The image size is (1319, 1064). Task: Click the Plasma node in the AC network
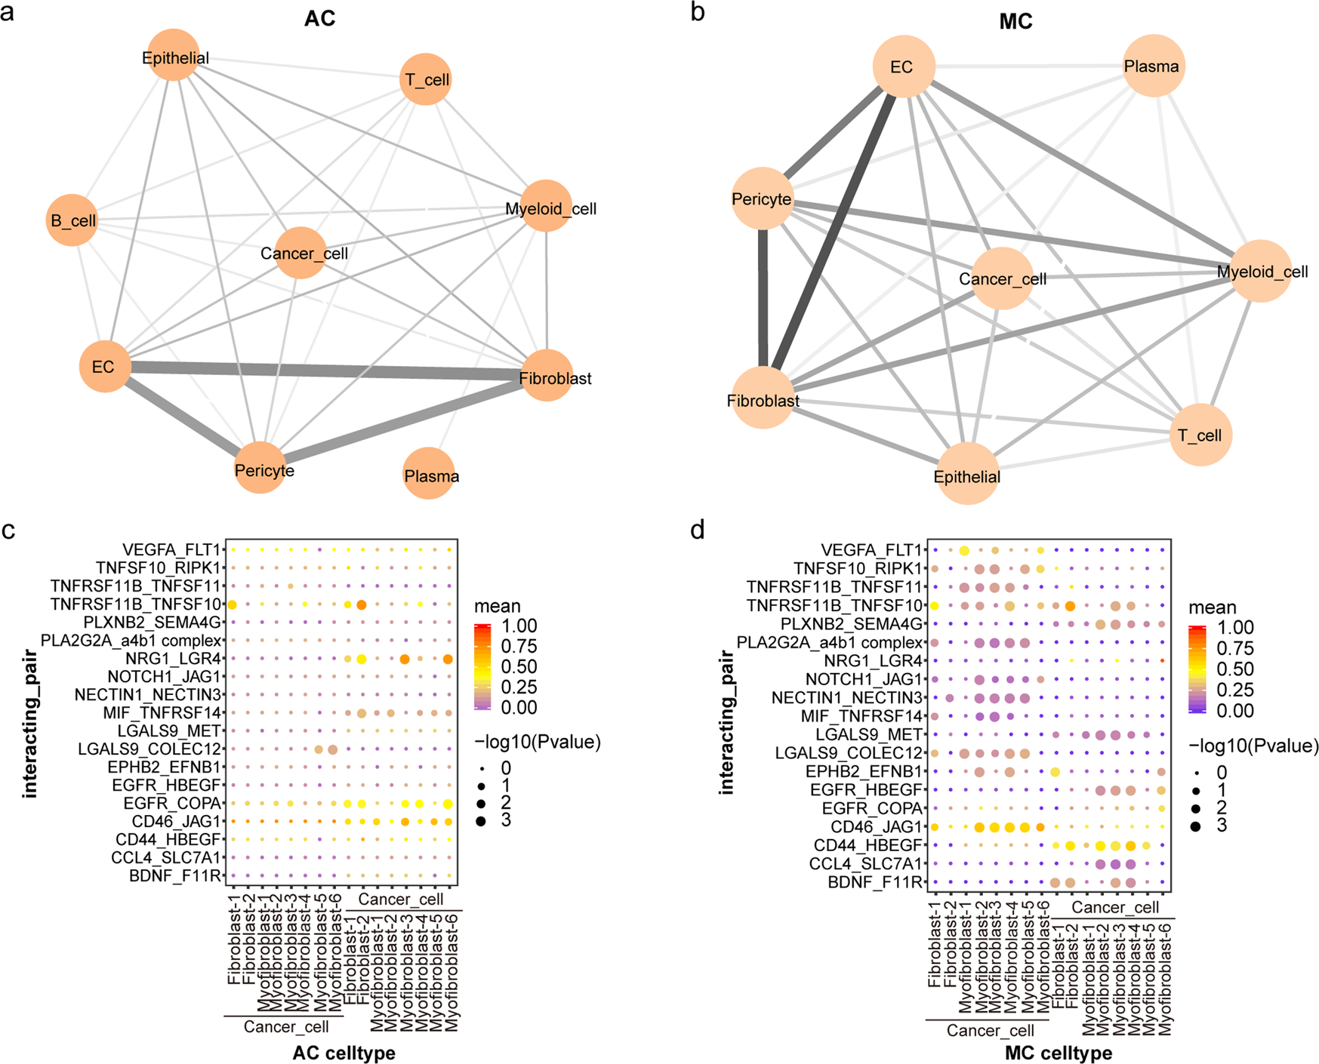click(x=430, y=474)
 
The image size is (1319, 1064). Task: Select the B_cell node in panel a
click(x=72, y=220)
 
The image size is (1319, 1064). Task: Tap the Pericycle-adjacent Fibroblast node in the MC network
click(x=763, y=398)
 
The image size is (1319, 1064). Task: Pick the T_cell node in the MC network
click(x=1200, y=435)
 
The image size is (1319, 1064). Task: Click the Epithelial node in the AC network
click(x=174, y=56)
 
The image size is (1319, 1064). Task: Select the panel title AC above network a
click(x=319, y=19)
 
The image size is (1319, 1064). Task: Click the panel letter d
click(x=698, y=530)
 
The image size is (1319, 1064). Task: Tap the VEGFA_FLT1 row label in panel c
click(x=171, y=549)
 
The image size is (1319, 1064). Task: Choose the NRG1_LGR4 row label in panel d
click(x=873, y=661)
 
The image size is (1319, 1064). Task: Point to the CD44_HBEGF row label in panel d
click(x=868, y=845)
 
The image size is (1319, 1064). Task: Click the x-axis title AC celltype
click(x=344, y=1053)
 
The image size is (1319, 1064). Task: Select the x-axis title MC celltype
click(x=1059, y=1053)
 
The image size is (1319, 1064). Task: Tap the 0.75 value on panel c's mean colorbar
click(x=519, y=646)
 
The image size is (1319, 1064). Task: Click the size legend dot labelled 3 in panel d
click(x=1195, y=826)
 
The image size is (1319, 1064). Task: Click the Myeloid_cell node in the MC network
click(x=1261, y=272)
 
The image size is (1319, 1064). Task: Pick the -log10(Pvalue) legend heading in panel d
click(x=1253, y=746)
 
